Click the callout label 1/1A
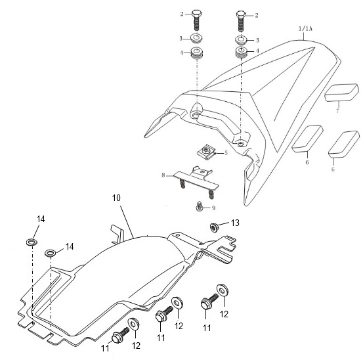click(x=306, y=29)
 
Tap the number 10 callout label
click(x=116, y=198)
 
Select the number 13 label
click(x=235, y=223)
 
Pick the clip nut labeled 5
click(x=206, y=152)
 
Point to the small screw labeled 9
click(x=199, y=206)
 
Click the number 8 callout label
click(x=163, y=175)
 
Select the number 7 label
click(x=338, y=110)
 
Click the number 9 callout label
click(x=213, y=208)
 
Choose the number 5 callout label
click(x=226, y=153)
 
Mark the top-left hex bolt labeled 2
click(x=196, y=20)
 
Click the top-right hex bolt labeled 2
click(x=240, y=22)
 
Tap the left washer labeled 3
click(x=196, y=38)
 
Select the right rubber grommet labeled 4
click(x=241, y=53)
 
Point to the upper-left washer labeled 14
click(x=32, y=242)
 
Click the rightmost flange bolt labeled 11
click(x=209, y=302)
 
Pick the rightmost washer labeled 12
click(x=223, y=290)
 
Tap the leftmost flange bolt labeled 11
click(x=120, y=335)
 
